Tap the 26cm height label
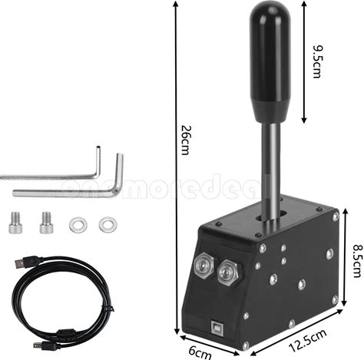click(x=185, y=140)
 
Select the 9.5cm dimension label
click(x=318, y=61)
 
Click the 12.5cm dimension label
click(x=308, y=340)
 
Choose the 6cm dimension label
click(x=200, y=353)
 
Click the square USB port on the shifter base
click(x=217, y=327)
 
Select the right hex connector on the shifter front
click(x=227, y=272)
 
